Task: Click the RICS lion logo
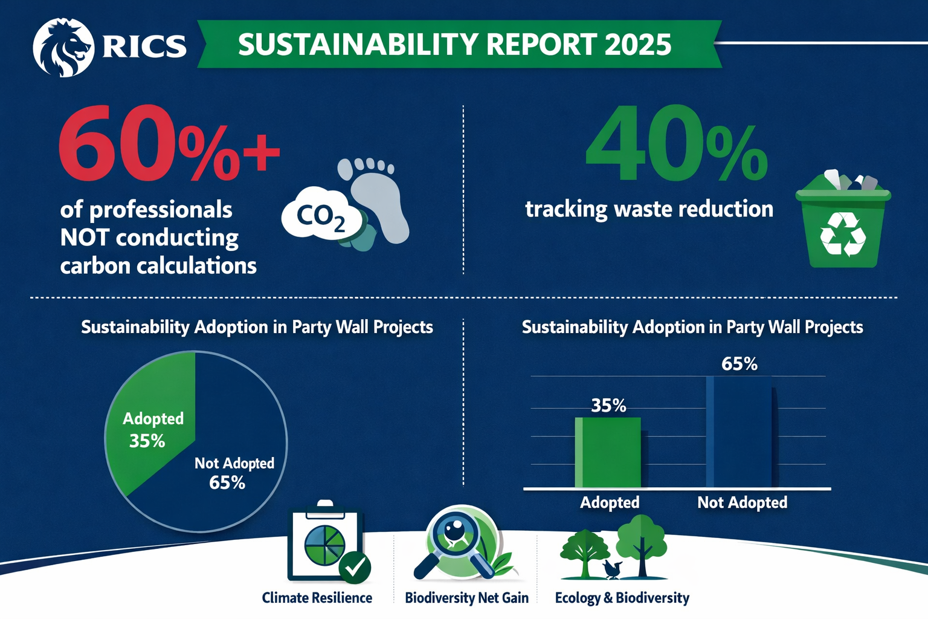tap(63, 48)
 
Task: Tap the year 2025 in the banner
tap(637, 45)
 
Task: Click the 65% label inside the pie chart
tap(227, 482)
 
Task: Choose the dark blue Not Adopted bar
tap(739, 432)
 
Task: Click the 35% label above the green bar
tap(608, 405)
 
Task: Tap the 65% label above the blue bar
tap(739, 364)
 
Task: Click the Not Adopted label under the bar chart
tap(742, 502)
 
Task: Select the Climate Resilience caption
tap(317, 598)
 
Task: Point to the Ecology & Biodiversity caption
tap(622, 598)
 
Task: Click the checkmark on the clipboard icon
tap(355, 567)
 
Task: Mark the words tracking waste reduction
tap(649, 209)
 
